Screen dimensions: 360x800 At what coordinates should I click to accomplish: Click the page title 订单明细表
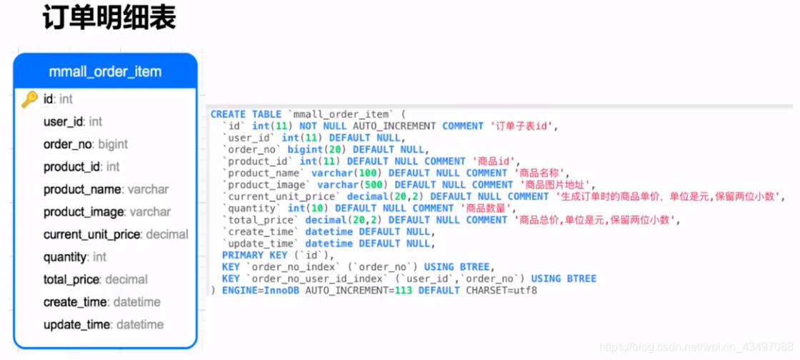pos(109,19)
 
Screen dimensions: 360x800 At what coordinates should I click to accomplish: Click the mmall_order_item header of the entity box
pos(105,71)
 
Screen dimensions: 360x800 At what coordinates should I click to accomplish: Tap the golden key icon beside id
pos(29,99)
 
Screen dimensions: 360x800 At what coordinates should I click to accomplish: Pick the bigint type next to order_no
pos(113,144)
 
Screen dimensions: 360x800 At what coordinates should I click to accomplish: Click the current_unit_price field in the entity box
pos(93,234)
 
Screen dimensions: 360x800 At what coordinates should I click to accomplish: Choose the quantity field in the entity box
pos(66,257)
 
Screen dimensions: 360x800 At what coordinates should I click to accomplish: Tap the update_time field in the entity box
pos(77,325)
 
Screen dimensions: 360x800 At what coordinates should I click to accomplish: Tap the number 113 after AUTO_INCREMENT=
pos(403,291)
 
